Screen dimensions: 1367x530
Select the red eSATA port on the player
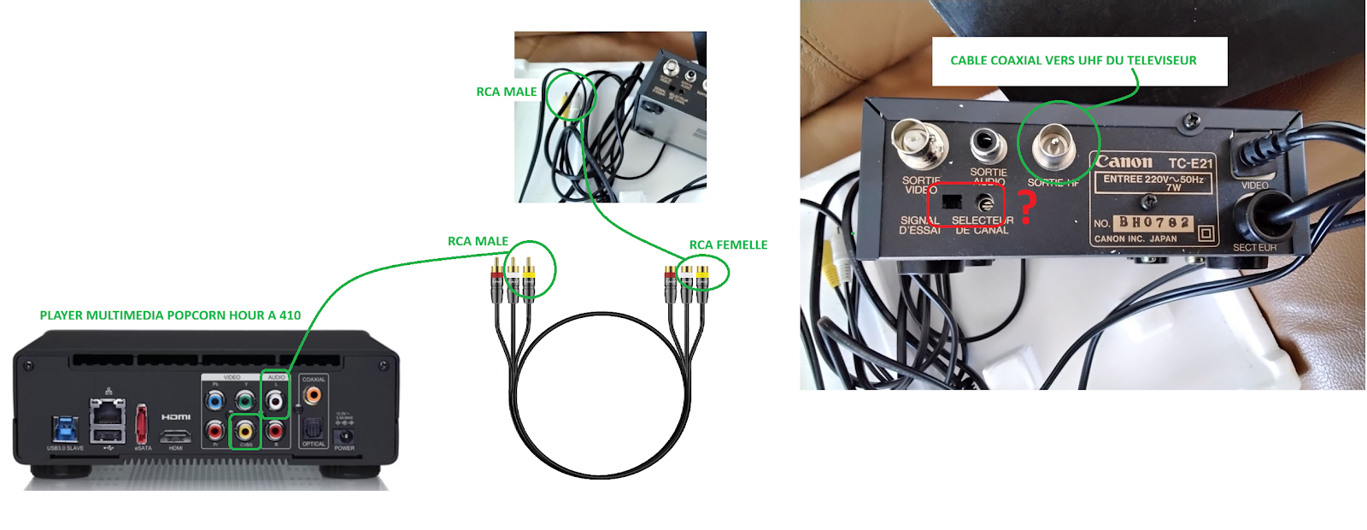click(x=142, y=425)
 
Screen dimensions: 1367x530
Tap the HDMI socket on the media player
click(x=176, y=437)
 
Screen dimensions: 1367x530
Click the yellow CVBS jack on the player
click(x=246, y=429)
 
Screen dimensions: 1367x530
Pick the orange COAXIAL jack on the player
click(x=313, y=395)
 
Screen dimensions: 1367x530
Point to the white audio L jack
click(x=275, y=399)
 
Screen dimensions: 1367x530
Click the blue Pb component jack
click(x=215, y=399)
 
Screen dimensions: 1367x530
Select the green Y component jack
click(x=245, y=399)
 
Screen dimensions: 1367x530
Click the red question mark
click(x=1028, y=207)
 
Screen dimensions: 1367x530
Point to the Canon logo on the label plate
click(x=1124, y=162)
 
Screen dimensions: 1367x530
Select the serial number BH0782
click(x=1154, y=222)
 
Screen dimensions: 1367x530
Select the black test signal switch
click(x=951, y=203)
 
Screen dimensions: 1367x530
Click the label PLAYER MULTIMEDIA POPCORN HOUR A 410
click(x=170, y=315)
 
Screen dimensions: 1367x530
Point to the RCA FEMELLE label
click(x=728, y=245)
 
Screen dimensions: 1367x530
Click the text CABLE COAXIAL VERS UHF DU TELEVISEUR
click(x=1073, y=61)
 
